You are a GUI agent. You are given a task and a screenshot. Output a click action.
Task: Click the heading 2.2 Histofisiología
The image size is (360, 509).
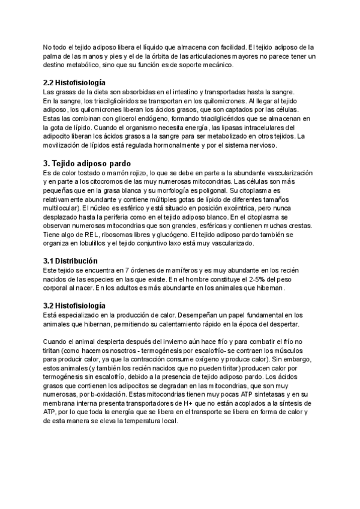click(x=74, y=82)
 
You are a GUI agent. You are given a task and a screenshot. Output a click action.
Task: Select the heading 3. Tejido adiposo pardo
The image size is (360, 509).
click(x=91, y=163)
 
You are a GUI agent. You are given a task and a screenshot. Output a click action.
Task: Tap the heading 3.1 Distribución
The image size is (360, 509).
click(x=71, y=262)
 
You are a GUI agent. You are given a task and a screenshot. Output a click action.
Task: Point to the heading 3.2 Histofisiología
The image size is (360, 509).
click(x=74, y=306)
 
